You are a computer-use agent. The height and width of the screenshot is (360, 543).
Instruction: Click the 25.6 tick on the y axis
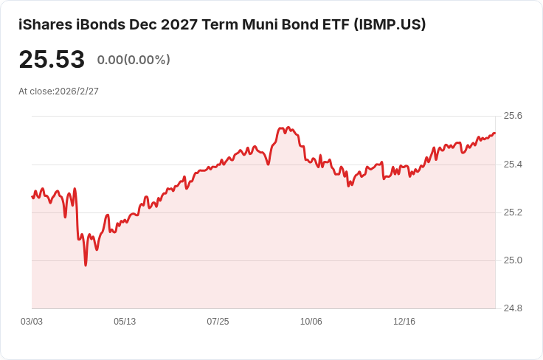(x=513, y=116)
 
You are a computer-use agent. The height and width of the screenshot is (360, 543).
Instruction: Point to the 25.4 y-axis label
(x=513, y=164)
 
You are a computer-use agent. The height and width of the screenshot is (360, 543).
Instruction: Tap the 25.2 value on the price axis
(x=513, y=212)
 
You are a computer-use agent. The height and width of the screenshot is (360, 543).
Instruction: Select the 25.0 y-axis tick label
(x=513, y=260)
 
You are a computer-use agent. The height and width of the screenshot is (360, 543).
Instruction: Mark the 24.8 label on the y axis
(x=513, y=308)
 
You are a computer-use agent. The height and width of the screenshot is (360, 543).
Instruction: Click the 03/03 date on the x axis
(x=32, y=322)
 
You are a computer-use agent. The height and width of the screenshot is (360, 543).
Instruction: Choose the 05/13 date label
(x=125, y=322)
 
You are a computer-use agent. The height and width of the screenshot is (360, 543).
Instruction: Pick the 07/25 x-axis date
(x=218, y=322)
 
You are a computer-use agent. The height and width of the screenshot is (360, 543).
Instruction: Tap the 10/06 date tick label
(x=311, y=322)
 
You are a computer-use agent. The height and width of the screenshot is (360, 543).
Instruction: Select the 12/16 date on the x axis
(x=404, y=322)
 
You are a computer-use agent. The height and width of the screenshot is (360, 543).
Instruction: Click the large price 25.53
(x=52, y=60)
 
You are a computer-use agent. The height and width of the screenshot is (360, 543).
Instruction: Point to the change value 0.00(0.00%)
(x=134, y=60)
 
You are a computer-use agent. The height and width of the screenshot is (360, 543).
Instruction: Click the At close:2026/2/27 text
(x=58, y=91)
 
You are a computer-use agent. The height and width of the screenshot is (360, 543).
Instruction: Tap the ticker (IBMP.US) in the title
(x=390, y=24)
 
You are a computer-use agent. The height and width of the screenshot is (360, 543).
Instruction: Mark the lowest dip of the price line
(x=86, y=265)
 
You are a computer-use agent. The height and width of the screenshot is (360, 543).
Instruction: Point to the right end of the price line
(x=494, y=133)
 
